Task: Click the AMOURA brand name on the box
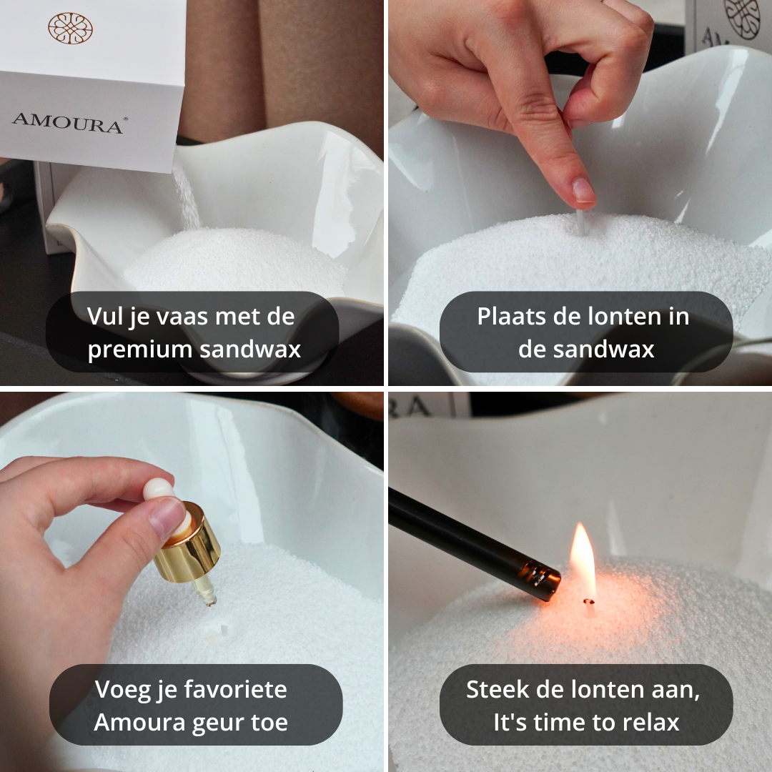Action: [67, 121]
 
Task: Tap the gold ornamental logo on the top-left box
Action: [70, 28]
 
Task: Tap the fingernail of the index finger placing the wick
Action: [583, 191]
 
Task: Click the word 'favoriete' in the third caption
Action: [235, 690]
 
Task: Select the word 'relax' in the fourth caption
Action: [648, 723]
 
